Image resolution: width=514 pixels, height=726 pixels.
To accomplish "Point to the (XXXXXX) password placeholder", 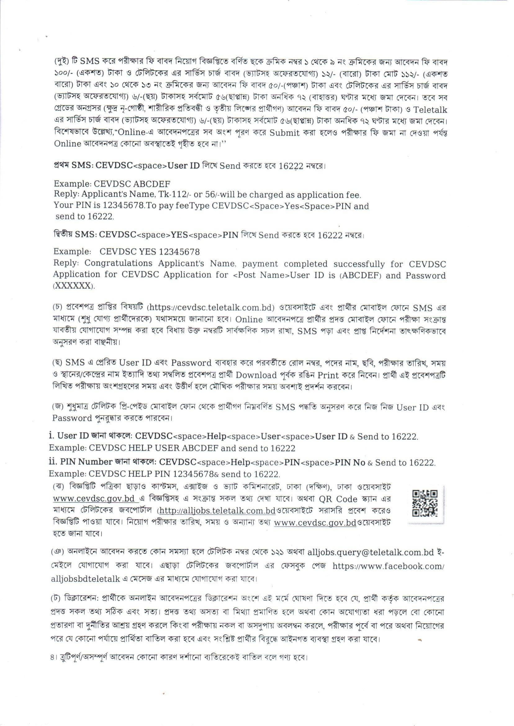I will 74,286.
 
